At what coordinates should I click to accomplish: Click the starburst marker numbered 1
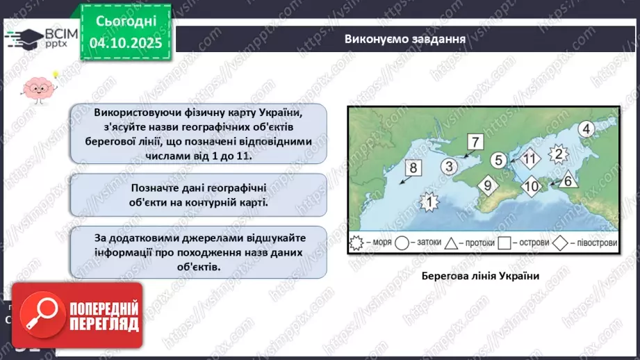coord(431,202)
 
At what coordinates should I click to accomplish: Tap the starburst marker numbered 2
coord(557,154)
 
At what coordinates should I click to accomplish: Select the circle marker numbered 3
coord(450,166)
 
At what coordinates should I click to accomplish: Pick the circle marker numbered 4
coord(586,129)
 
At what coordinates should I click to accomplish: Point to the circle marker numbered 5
coord(498,160)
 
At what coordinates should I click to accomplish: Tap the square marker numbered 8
coord(413,167)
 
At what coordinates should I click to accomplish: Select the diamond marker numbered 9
coord(487,186)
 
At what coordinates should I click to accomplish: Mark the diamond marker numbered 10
coord(531,186)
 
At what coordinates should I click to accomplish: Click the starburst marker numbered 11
coord(530,158)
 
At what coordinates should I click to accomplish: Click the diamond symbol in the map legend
coord(560,243)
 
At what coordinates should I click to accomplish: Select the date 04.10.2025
coord(125,42)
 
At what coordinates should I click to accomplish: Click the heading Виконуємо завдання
coord(404,39)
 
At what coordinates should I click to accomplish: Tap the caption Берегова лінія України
coord(481,275)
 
